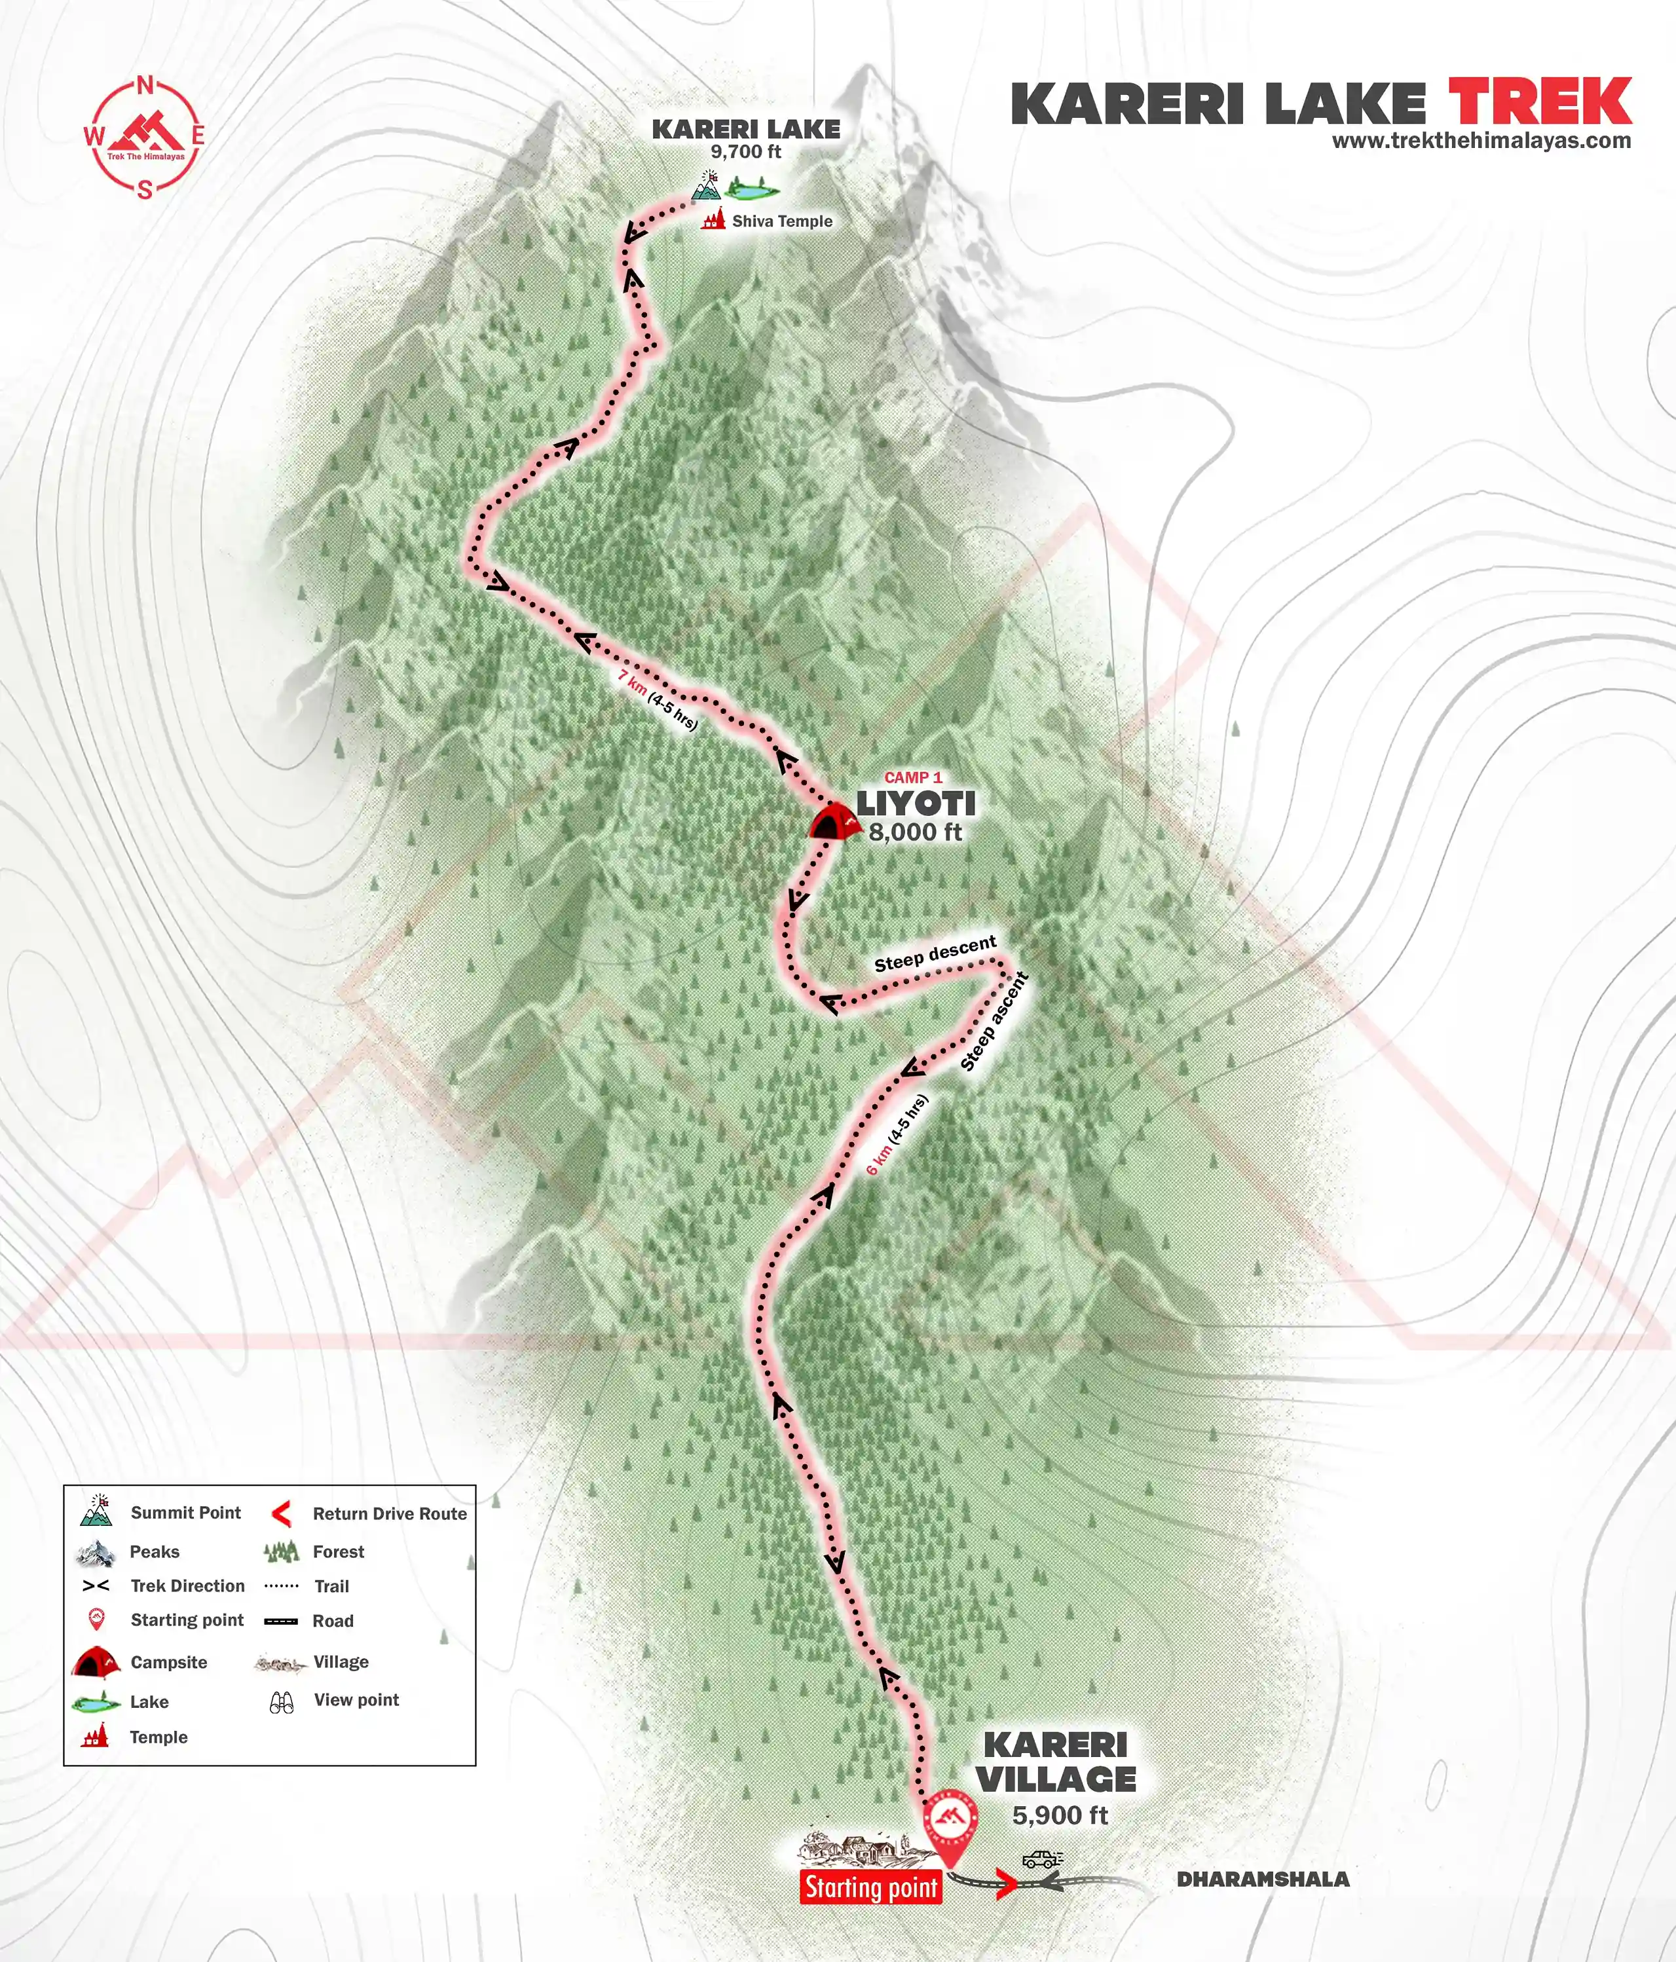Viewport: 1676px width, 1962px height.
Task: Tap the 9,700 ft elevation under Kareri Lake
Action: pyautogui.click(x=746, y=151)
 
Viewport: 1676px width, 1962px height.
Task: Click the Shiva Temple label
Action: pyautogui.click(x=781, y=221)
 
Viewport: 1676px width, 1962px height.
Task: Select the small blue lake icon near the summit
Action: pyautogui.click(x=752, y=191)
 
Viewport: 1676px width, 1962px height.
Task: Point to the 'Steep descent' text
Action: pyautogui.click(x=935, y=953)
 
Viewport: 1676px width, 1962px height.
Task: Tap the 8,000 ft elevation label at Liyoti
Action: pyautogui.click(x=915, y=832)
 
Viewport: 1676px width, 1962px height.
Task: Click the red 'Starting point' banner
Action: pyautogui.click(x=871, y=1887)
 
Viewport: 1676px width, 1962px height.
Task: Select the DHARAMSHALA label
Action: pyautogui.click(x=1262, y=1879)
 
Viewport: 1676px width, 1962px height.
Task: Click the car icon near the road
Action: pyautogui.click(x=1041, y=1859)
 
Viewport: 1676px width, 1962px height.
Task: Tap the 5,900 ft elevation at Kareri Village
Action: pyautogui.click(x=1060, y=1815)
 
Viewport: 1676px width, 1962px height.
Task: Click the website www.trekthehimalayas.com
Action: pyautogui.click(x=1481, y=141)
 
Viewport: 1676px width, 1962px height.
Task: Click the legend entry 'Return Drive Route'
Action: pyautogui.click(x=389, y=1514)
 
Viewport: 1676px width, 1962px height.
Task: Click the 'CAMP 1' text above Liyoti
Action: pyautogui.click(x=913, y=777)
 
